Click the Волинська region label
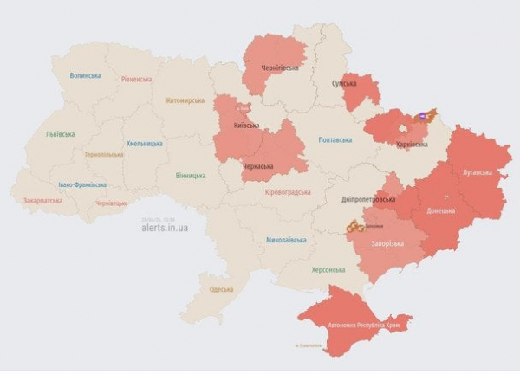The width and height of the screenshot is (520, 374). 85,75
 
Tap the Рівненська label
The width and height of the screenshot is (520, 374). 137,79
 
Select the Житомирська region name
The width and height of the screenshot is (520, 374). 185,100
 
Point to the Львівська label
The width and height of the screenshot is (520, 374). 60,134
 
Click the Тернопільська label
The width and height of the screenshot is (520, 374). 104,154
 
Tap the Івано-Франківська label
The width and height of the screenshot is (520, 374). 82,184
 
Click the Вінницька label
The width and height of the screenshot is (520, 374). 190,176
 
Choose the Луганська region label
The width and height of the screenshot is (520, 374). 477,172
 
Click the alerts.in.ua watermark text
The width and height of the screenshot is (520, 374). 165,228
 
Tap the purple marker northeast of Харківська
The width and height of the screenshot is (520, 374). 424,115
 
